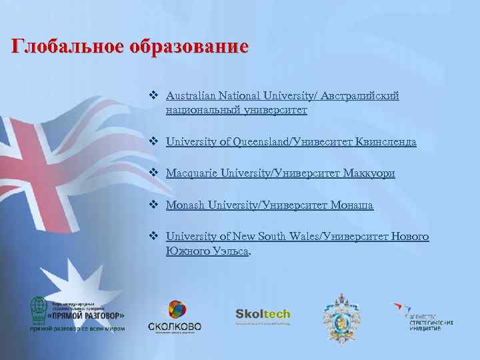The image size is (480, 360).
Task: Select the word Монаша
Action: [352, 205]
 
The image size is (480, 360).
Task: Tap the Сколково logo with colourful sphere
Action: [174, 317]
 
